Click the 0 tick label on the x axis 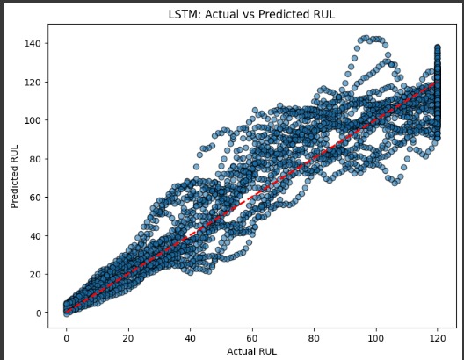click(x=66, y=338)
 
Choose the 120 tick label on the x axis click(x=439, y=338)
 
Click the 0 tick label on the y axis click(x=38, y=313)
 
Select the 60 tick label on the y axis click(x=35, y=198)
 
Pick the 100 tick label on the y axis click(x=33, y=120)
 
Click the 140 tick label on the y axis click(x=33, y=44)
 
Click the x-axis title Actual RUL click(x=252, y=351)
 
